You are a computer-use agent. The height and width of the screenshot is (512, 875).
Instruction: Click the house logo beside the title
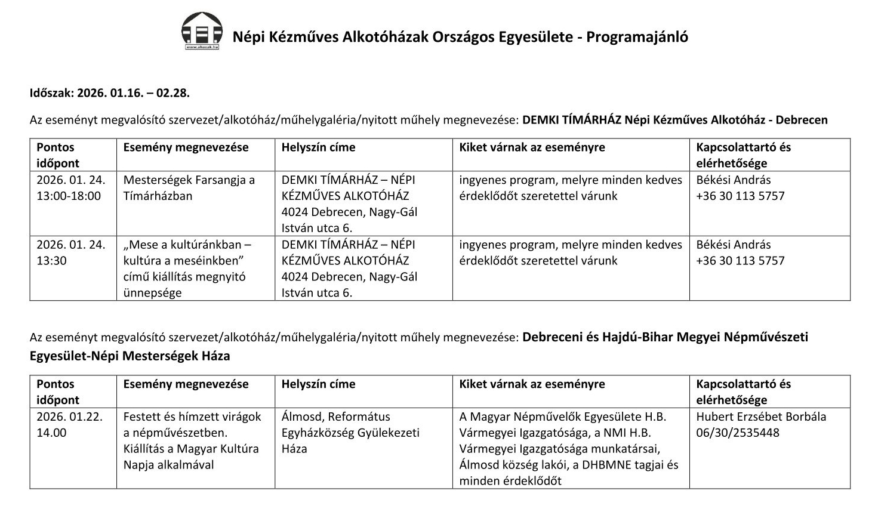pyautogui.click(x=202, y=31)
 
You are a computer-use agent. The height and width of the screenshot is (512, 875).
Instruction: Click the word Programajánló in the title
pyautogui.click(x=637, y=37)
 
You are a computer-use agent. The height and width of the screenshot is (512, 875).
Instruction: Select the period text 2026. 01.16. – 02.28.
pyautogui.click(x=133, y=92)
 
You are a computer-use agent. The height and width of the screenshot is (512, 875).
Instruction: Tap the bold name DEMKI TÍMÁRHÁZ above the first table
pyautogui.click(x=571, y=119)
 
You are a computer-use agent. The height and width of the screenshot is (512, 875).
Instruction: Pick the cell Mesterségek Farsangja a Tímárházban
pyautogui.click(x=189, y=187)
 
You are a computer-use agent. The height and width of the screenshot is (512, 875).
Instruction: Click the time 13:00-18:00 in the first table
pyautogui.click(x=69, y=196)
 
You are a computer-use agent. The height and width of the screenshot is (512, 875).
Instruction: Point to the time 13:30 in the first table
pyautogui.click(x=51, y=260)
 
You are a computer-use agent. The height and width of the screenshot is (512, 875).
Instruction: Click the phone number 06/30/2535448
pyautogui.click(x=737, y=433)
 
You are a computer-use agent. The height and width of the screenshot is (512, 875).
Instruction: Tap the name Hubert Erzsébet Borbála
pyautogui.click(x=760, y=417)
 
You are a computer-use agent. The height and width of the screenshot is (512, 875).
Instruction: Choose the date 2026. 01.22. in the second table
pyautogui.click(x=69, y=417)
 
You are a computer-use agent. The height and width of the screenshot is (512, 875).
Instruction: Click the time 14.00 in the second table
pyautogui.click(x=51, y=433)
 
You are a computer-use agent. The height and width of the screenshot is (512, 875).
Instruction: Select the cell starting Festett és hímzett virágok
pyautogui.click(x=192, y=440)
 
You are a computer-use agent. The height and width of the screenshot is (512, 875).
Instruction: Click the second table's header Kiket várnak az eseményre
pyautogui.click(x=531, y=384)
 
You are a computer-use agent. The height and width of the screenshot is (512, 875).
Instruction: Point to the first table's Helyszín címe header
pyautogui.click(x=318, y=147)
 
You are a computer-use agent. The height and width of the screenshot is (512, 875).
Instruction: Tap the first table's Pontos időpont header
pyautogui.click(x=57, y=155)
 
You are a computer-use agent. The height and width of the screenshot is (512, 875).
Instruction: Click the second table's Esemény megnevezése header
pyautogui.click(x=186, y=384)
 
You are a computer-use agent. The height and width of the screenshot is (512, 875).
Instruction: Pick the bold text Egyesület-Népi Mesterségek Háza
pyautogui.click(x=130, y=356)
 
